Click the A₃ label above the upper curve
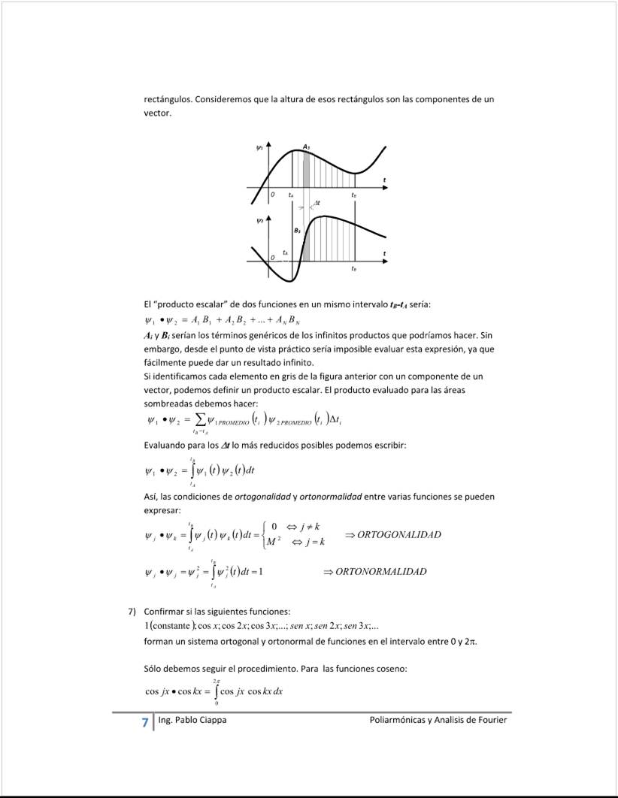pos(307,147)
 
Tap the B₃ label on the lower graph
pos(298,230)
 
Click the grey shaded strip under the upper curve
pos(306,169)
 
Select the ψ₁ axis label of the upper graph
pos(259,148)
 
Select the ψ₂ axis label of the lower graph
pos(259,221)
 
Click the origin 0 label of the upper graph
pos(274,194)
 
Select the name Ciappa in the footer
pos(211,720)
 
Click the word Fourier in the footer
pos(489,720)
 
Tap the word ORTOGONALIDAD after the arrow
pos(398,534)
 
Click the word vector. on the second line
pos(158,113)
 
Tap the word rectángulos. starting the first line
pos(168,99)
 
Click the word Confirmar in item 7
pos(163,611)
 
